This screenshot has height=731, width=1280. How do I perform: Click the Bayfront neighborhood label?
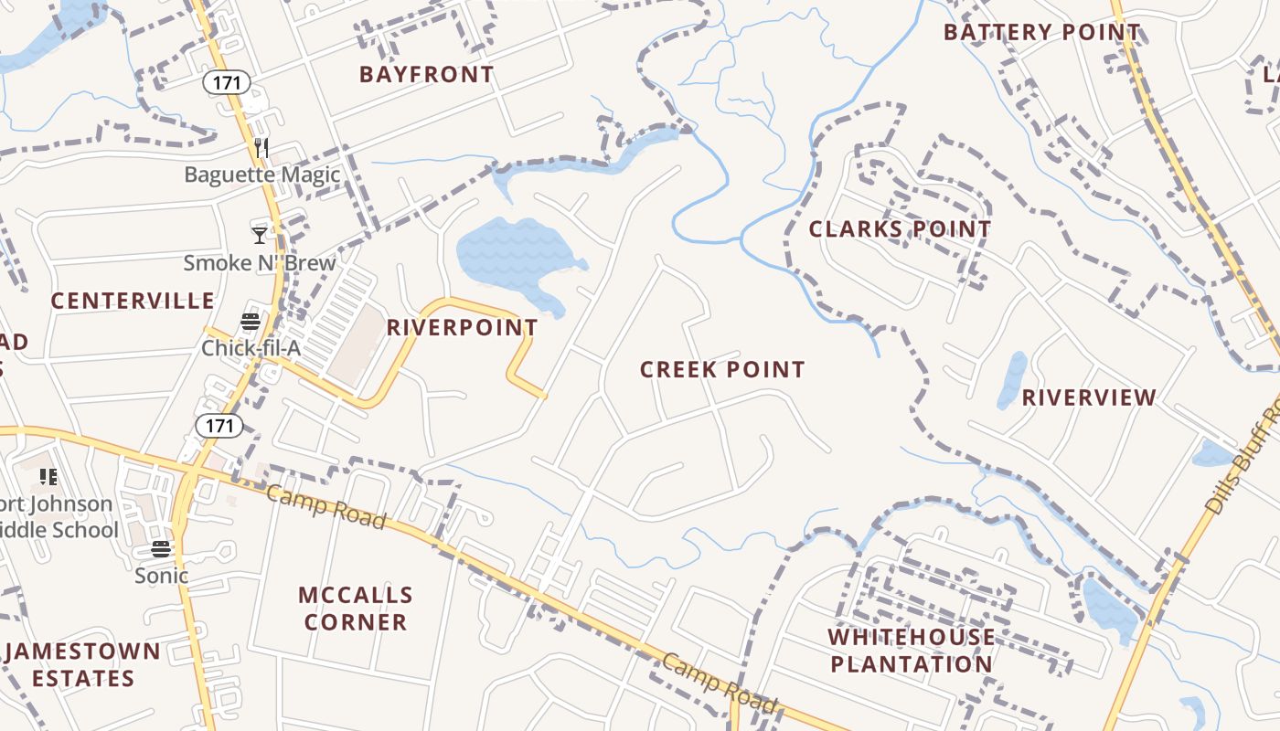coord(426,75)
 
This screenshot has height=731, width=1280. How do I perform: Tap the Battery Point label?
coord(1042,33)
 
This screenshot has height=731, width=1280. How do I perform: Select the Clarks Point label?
coord(900,229)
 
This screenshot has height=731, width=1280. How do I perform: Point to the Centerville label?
coord(133,301)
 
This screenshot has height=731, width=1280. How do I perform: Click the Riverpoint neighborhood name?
coord(462,327)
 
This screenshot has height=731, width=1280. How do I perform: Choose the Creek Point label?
coord(722,370)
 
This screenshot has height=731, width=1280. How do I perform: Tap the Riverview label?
coord(1089,397)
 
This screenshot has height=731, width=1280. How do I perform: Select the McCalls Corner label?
coord(356,609)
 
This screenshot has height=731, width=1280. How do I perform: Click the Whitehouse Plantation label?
coord(912,651)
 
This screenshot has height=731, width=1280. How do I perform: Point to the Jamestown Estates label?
coord(83,665)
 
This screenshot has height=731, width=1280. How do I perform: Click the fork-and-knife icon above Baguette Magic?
coord(261,148)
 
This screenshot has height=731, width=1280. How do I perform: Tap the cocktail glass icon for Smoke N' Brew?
coord(260,236)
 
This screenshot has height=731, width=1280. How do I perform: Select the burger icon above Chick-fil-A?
coord(251,322)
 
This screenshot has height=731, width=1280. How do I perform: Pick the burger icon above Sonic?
coord(162,549)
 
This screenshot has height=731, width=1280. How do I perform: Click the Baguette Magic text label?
coord(262,175)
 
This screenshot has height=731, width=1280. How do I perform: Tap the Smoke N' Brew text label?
coord(260,263)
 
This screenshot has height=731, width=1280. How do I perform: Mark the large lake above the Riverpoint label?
coord(517,254)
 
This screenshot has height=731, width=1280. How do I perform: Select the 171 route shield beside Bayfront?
coord(226,83)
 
